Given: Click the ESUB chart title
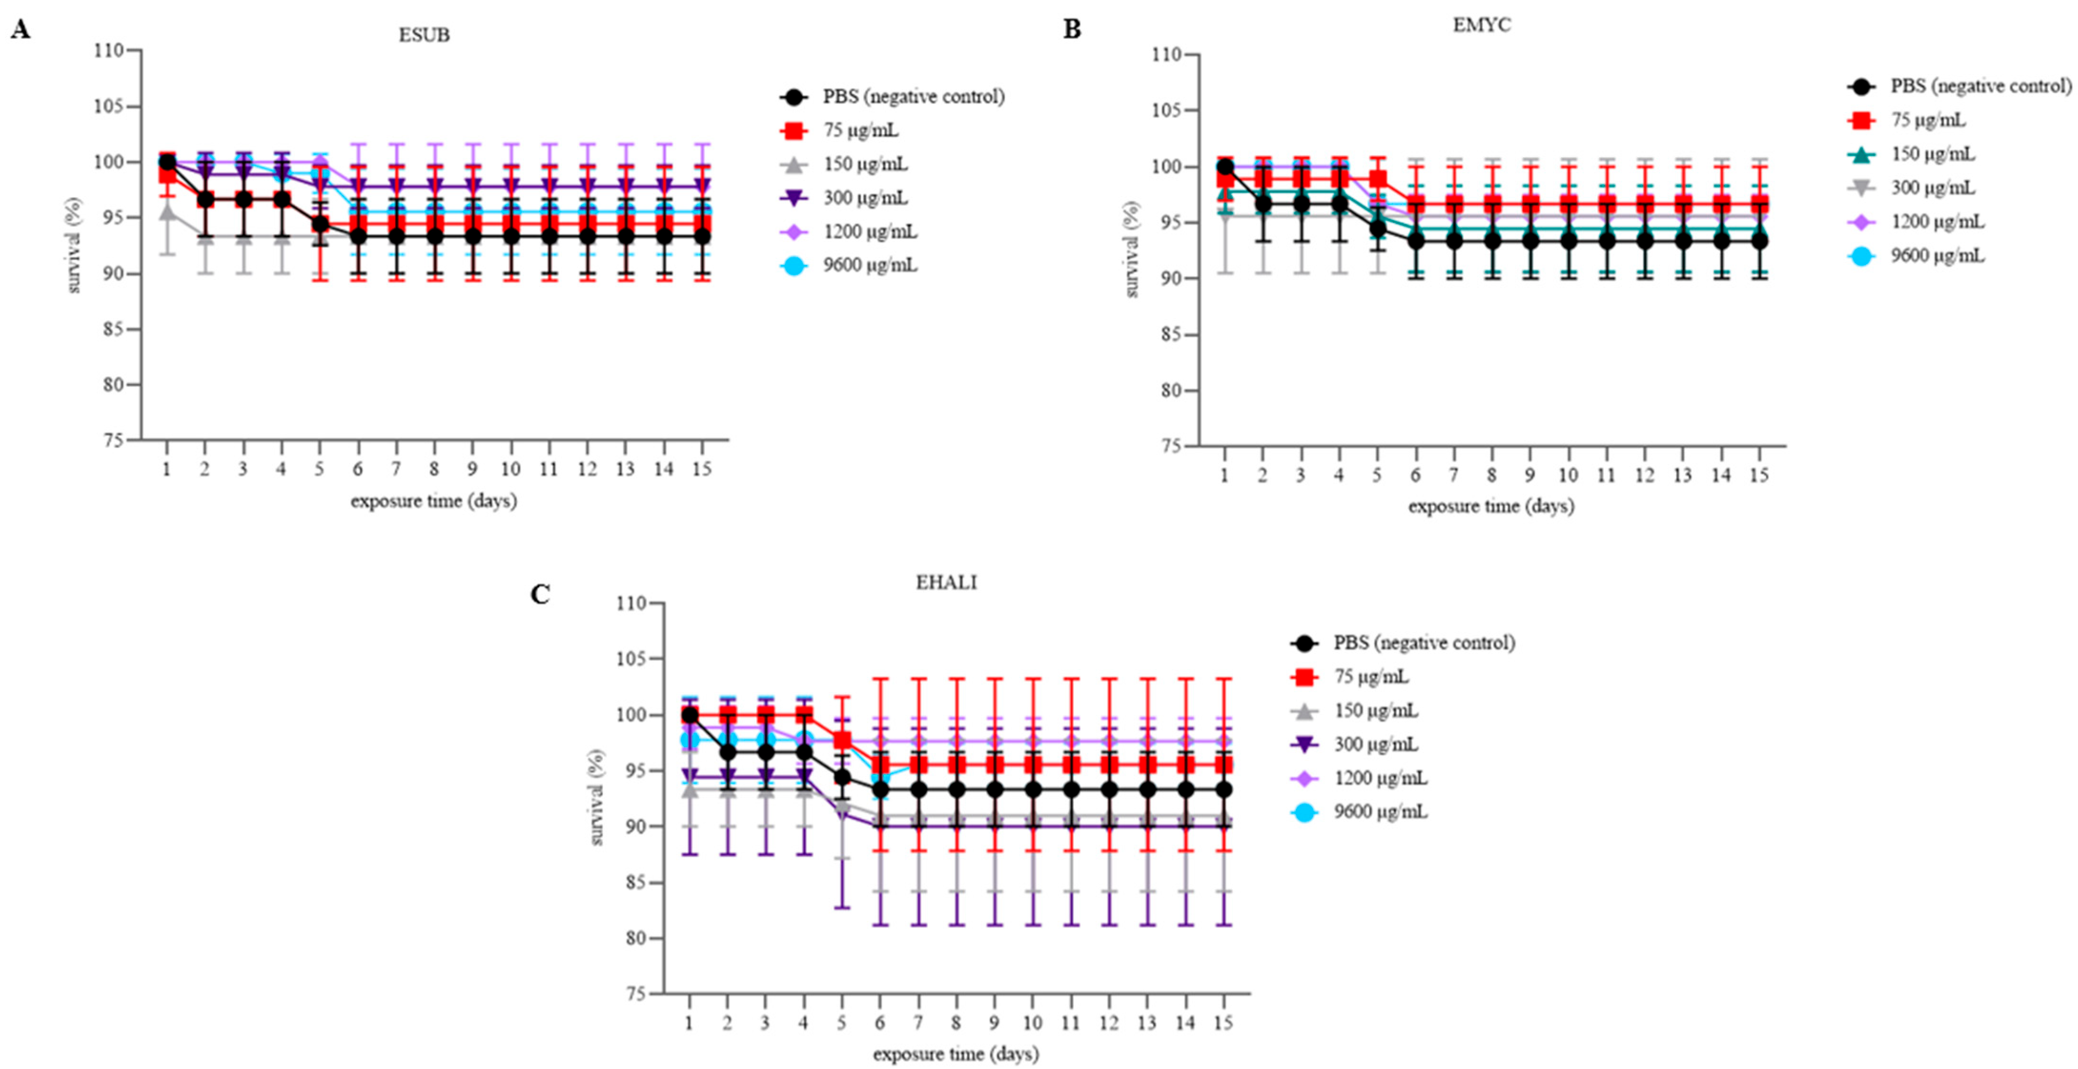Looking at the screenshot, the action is [x=425, y=34].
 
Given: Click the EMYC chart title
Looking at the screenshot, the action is [x=1482, y=25].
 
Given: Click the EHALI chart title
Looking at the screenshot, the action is [x=946, y=583].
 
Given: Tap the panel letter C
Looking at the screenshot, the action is [x=541, y=595].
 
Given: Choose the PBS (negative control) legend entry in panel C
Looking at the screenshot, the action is [x=1403, y=643].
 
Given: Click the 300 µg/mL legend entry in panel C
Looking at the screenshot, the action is [x=1355, y=745].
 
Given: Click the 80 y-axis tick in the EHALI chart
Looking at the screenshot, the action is [x=636, y=938].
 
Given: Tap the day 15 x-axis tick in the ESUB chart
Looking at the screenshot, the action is [x=702, y=469].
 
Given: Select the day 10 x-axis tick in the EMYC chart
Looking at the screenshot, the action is [x=1568, y=475].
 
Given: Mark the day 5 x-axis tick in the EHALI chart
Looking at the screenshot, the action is [x=841, y=1023].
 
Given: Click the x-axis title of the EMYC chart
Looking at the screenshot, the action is [x=1491, y=507].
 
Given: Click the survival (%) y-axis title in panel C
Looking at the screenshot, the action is [x=597, y=797].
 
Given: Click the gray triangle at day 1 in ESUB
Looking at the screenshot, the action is [x=167, y=213].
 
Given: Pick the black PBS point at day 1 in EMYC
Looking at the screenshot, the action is [x=1224, y=167].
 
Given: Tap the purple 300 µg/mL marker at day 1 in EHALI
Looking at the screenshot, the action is [x=689, y=778].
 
